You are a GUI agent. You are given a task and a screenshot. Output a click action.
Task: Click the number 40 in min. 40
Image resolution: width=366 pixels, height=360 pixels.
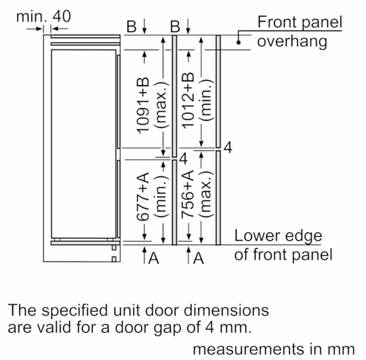(x=61, y=16)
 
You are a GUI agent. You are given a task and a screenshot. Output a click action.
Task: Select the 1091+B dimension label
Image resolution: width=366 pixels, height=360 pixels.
(x=143, y=105)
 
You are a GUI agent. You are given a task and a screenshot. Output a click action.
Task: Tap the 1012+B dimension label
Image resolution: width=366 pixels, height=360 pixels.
(x=188, y=101)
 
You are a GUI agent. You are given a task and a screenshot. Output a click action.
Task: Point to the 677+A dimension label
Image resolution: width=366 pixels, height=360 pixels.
(x=143, y=196)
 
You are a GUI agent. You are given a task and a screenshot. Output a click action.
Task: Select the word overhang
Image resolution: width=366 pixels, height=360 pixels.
(x=292, y=42)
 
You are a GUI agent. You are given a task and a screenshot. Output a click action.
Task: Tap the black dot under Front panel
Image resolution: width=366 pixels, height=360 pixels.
(x=238, y=43)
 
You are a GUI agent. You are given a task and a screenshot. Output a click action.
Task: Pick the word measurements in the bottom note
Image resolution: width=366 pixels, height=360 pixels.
(x=248, y=350)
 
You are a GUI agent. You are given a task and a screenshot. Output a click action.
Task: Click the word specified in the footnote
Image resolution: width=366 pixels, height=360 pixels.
(x=75, y=311)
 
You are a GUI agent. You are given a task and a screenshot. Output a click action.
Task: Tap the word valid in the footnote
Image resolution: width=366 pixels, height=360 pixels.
(x=54, y=327)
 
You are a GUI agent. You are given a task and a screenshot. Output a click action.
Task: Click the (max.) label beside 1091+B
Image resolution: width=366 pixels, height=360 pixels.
(x=161, y=105)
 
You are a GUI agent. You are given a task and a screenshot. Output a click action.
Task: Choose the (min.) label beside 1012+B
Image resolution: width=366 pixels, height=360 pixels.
(x=207, y=100)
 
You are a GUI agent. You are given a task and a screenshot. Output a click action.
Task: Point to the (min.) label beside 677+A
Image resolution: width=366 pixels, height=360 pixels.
(x=161, y=196)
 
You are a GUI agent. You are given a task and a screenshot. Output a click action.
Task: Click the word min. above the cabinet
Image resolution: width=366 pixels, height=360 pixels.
(x=31, y=16)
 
